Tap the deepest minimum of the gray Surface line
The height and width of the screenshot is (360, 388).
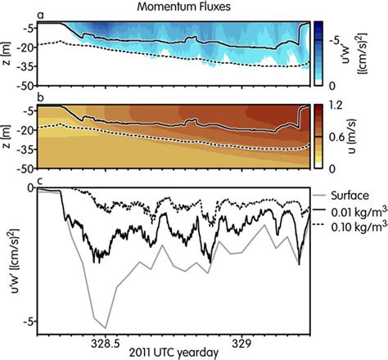(105, 327)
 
